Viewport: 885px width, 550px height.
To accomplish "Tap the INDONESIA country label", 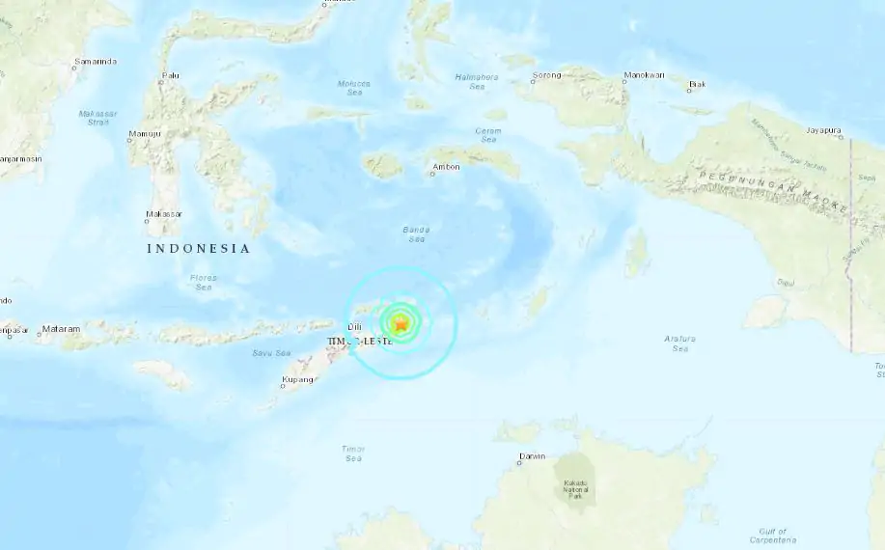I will point(198,249).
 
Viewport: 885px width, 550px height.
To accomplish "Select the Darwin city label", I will point(532,456).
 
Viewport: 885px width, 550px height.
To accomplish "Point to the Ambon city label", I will point(447,167).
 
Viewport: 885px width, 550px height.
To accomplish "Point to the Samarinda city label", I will point(97,62).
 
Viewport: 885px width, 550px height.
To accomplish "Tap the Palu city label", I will point(171,74).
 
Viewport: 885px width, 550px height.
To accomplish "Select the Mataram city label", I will point(61,329).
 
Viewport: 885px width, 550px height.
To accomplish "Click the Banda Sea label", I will point(416,234).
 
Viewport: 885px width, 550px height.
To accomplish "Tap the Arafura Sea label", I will point(679,343).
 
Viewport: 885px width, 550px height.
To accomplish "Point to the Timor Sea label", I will point(352,454).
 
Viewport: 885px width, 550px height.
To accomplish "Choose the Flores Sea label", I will point(203,283).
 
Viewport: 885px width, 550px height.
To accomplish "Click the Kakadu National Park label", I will point(575,488).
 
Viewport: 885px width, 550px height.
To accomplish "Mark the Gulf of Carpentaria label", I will point(772,536).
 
